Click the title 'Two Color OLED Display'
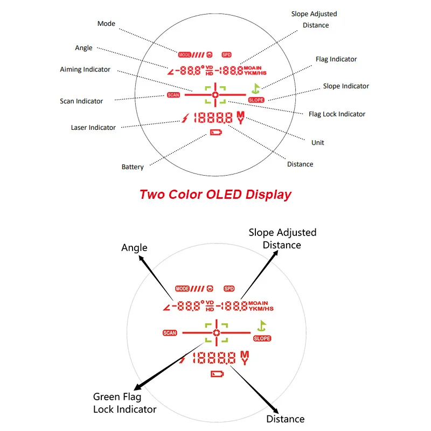coord(215,194)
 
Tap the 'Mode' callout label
coord(106,24)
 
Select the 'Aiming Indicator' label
coord(85,69)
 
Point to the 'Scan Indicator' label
coord(81,101)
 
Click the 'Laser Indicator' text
coord(93,128)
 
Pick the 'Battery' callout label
coord(133,167)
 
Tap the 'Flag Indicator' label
coord(336,59)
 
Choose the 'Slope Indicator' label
coord(346,86)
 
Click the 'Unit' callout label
coord(318,143)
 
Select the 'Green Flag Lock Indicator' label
coord(125,404)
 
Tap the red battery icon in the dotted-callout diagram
coord(215,133)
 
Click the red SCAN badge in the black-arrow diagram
coord(170,333)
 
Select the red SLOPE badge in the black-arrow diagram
coord(262,338)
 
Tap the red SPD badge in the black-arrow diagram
coord(230,288)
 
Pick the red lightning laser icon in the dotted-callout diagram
coord(186,117)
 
